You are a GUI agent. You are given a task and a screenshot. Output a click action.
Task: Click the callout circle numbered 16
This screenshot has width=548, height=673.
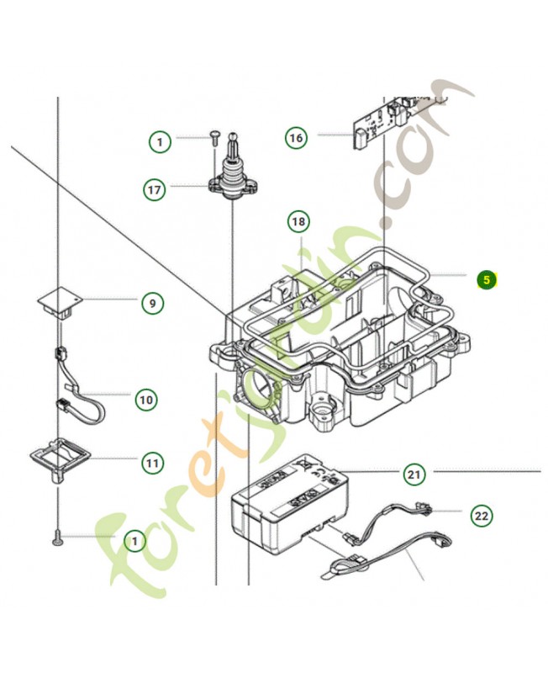pos(295,138)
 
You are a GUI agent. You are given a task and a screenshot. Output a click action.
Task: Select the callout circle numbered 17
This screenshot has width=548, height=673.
pos(154,190)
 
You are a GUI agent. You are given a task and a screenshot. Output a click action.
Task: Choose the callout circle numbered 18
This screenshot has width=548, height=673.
pos(298,222)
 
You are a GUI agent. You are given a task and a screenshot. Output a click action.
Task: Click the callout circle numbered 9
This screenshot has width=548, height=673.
pos(151,303)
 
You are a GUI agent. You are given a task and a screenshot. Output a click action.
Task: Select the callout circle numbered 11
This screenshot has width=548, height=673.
pos(151,462)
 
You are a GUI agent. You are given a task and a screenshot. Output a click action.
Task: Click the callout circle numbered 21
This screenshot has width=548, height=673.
pos(413,474)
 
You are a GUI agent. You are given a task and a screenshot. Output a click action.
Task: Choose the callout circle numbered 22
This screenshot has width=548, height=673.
pos(481,515)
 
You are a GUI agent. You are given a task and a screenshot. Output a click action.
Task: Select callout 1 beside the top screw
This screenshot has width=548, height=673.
pos(161,141)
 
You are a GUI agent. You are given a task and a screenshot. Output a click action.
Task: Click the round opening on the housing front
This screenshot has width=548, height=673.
pos(263,385)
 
